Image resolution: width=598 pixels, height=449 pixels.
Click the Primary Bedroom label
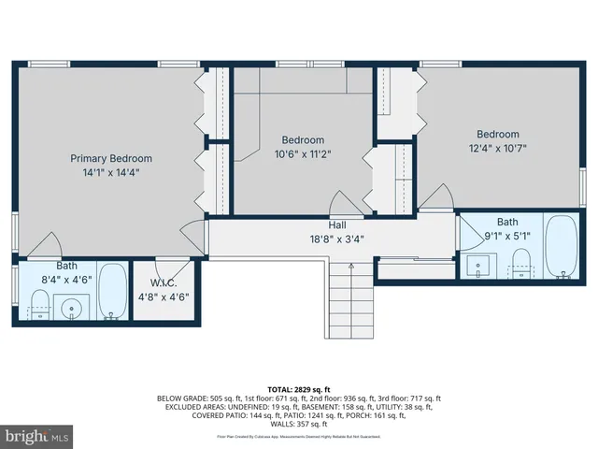(x=111, y=158)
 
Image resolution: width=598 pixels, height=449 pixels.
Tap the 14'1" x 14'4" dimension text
(x=111, y=172)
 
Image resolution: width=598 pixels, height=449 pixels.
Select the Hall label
(x=337, y=225)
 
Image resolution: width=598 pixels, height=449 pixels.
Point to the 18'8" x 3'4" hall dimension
(x=337, y=239)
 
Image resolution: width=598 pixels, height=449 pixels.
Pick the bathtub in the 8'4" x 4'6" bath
(x=111, y=292)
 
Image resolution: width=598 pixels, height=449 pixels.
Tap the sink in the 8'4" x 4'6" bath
(x=70, y=306)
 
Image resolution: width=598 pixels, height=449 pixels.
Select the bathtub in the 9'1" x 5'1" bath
(x=562, y=247)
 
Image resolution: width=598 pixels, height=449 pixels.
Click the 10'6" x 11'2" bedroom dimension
(x=303, y=154)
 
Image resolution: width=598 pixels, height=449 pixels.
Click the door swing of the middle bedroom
(x=344, y=205)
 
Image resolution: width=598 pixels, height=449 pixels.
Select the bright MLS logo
(x=37, y=436)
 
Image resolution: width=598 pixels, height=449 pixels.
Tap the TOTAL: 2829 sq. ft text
(x=299, y=389)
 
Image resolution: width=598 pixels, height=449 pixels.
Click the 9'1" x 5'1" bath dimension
(x=507, y=236)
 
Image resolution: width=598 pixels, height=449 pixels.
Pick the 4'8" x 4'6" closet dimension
(x=164, y=297)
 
